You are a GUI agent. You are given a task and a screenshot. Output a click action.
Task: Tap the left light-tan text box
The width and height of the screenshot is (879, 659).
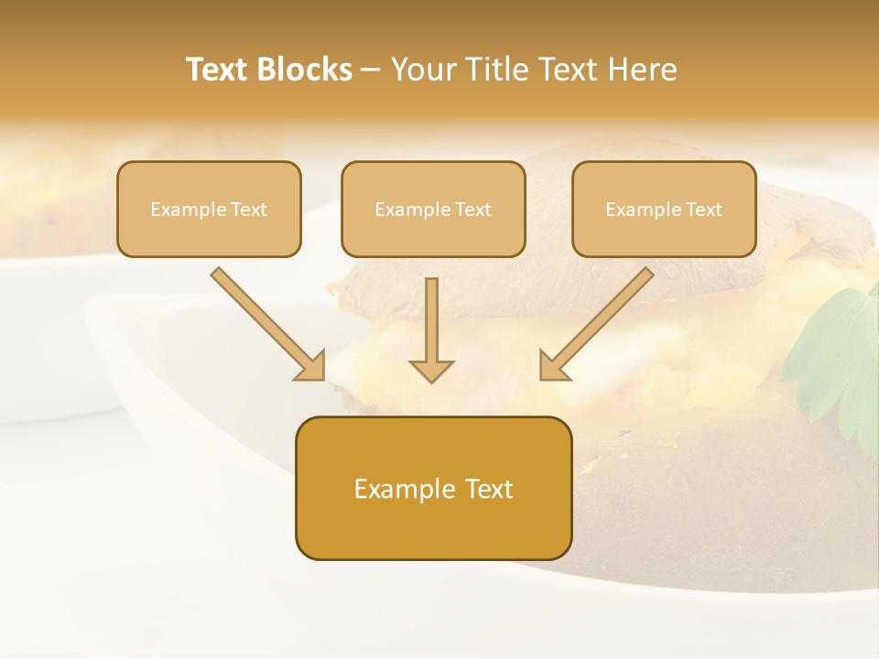(x=209, y=209)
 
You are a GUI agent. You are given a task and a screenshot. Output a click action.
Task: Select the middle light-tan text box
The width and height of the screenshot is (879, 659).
(x=433, y=209)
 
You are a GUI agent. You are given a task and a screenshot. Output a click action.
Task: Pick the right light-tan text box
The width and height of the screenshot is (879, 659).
(x=664, y=209)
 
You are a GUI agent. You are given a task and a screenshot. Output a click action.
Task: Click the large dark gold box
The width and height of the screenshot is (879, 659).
(x=433, y=488)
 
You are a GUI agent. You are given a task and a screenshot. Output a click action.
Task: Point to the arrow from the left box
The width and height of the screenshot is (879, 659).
(x=266, y=323)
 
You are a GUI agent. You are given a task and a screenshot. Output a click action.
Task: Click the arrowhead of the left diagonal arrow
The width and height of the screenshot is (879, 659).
(x=311, y=367)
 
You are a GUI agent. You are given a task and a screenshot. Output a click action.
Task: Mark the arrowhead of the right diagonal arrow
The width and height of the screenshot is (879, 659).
(x=553, y=367)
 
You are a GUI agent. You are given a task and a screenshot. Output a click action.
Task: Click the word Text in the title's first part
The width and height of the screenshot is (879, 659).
(x=218, y=70)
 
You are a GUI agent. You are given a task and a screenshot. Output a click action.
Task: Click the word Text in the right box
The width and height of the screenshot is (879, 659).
(x=704, y=210)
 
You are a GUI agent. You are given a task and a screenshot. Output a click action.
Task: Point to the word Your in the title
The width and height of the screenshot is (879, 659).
(x=422, y=70)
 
